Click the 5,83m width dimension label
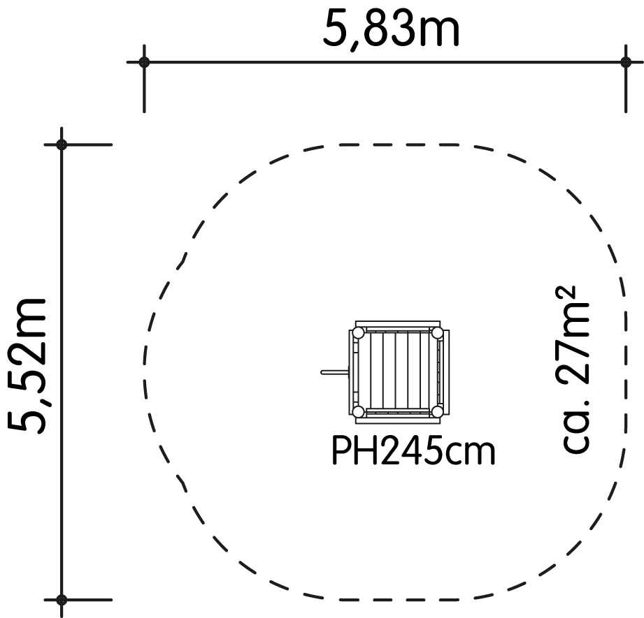(x=391, y=29)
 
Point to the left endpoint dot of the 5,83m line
(x=144, y=62)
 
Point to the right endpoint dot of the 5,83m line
(x=626, y=62)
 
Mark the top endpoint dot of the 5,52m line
(x=62, y=145)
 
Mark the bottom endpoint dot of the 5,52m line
(x=62, y=600)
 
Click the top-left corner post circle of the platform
(x=359, y=332)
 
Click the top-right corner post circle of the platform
(x=438, y=332)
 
